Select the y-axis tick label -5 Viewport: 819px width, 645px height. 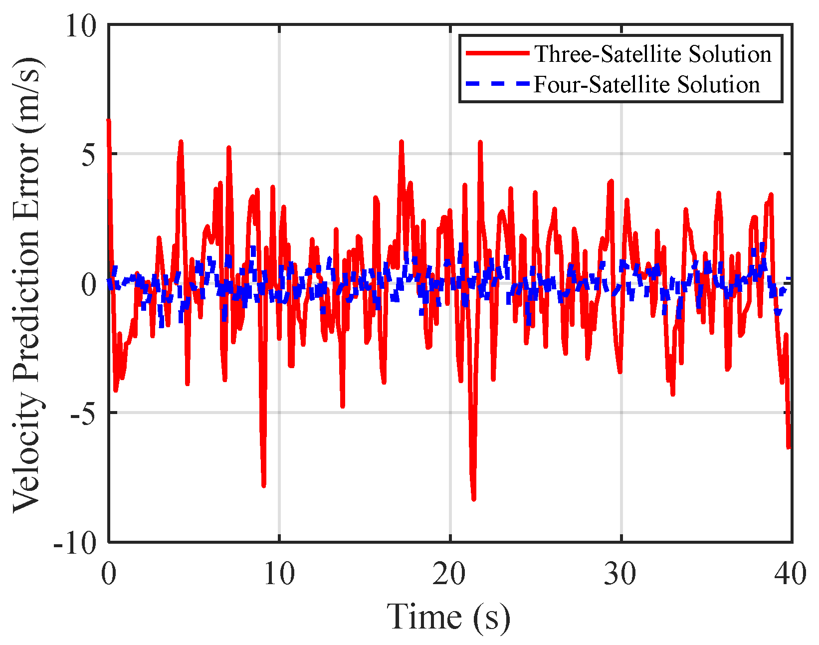(83, 414)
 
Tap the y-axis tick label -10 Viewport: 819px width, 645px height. (75, 543)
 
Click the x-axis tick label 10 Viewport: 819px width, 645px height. (279, 574)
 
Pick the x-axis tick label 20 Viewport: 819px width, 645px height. (450, 574)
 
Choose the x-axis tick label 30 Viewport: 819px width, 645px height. (621, 574)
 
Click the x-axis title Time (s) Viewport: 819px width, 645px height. (449, 617)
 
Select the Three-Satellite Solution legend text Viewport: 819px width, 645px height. (653, 54)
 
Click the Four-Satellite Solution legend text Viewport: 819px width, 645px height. (647, 84)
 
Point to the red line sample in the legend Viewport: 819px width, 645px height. (497, 53)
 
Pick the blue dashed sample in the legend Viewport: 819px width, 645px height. (497, 84)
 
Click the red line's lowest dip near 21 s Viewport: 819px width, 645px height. (473, 498)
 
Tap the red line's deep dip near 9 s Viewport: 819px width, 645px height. (263, 485)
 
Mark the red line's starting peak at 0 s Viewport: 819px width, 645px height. (108, 121)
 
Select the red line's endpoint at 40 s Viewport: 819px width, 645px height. (789, 447)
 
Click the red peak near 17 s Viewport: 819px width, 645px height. (401, 142)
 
